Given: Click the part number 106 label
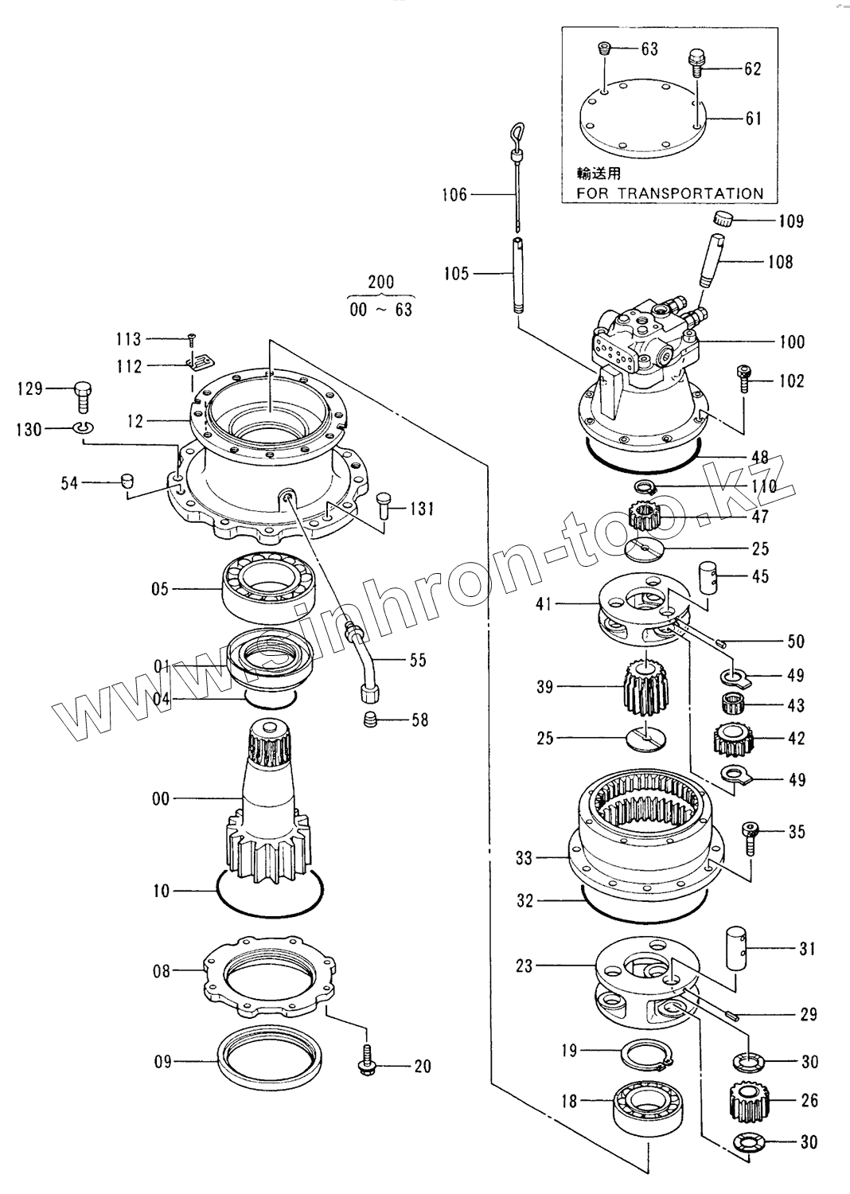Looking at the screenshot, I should click(454, 195).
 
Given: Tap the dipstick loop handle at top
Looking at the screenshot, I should click(516, 131).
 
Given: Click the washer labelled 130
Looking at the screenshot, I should click(82, 430).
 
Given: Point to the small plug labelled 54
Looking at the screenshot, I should click(125, 481).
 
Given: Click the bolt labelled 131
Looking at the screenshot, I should click(379, 506).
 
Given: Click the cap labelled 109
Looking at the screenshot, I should click(722, 219).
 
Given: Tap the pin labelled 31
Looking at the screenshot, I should click(739, 948).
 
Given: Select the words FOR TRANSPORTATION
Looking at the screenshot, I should click(670, 193).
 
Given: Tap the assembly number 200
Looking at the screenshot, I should click(380, 282).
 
